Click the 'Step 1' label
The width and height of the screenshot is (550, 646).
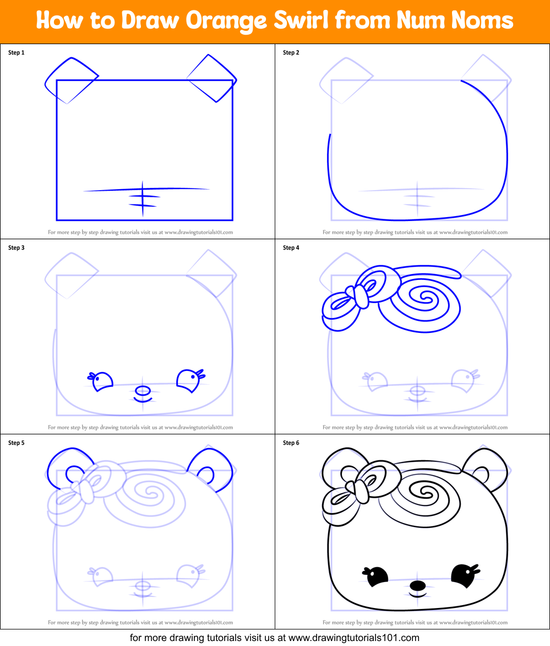pos(16,53)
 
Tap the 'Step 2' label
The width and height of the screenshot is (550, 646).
pos(291,53)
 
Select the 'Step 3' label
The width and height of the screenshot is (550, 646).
pos(16,248)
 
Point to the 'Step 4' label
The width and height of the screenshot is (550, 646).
pos(291,248)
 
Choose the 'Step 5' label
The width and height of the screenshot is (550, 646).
pos(16,443)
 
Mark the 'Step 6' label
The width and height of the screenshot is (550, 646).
pos(291,443)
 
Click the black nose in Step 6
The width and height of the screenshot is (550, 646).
pos(418,585)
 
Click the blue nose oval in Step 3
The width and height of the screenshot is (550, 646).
pos(143,390)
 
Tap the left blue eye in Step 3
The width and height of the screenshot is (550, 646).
pos(102,381)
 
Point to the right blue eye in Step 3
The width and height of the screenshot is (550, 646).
pos(187,380)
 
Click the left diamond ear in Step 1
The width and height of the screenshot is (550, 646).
pos(70,80)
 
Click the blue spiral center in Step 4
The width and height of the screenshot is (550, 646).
pos(425,298)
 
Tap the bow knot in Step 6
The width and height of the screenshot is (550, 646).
pos(361,491)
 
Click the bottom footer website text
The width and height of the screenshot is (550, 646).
pos(275,638)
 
